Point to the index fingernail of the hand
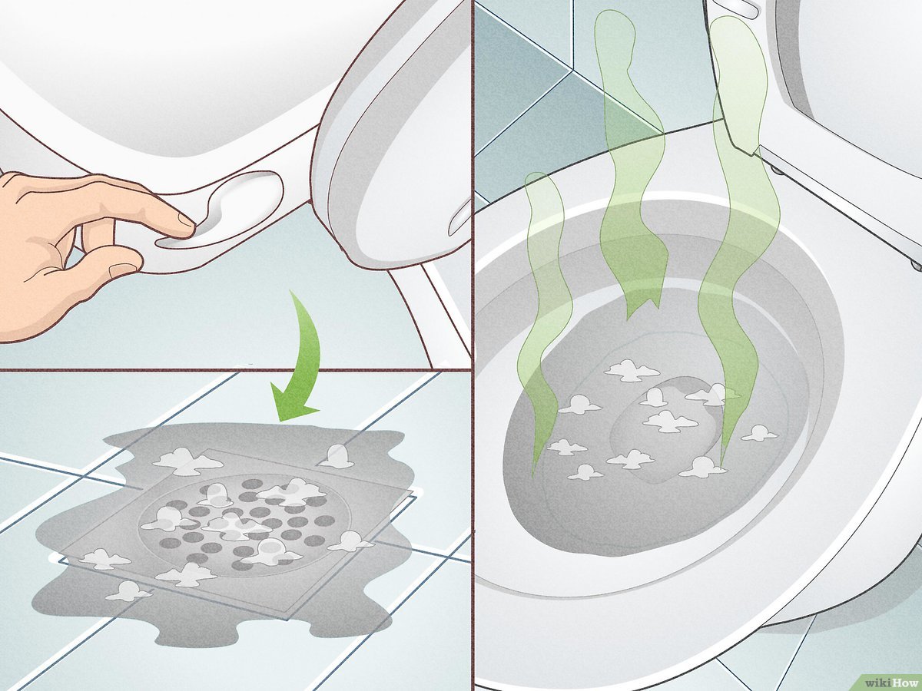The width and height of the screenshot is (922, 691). point(187,220)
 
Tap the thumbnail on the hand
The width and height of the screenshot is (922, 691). point(123,269)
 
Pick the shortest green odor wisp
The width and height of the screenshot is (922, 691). point(542,319)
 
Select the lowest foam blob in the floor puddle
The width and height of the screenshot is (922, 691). point(126,590)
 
